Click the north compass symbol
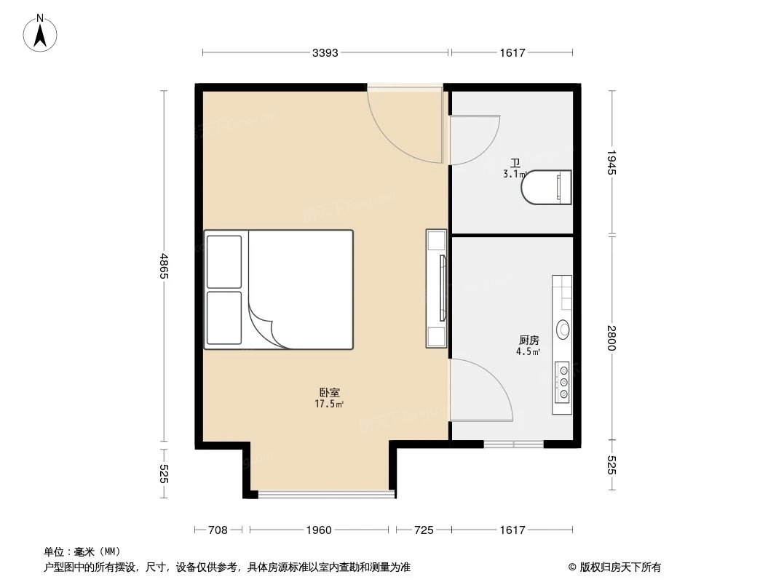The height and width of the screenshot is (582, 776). click(41, 32)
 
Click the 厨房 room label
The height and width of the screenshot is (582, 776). click(529, 340)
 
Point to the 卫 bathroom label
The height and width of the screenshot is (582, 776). click(515, 164)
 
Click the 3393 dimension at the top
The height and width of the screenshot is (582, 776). click(325, 52)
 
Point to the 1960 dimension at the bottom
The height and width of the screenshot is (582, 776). click(319, 530)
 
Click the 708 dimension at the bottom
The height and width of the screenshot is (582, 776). click(218, 530)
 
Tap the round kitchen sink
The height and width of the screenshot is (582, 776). click(564, 330)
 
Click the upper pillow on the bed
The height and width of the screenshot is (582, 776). click(223, 261)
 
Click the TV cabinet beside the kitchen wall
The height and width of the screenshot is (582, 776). click(437, 289)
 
